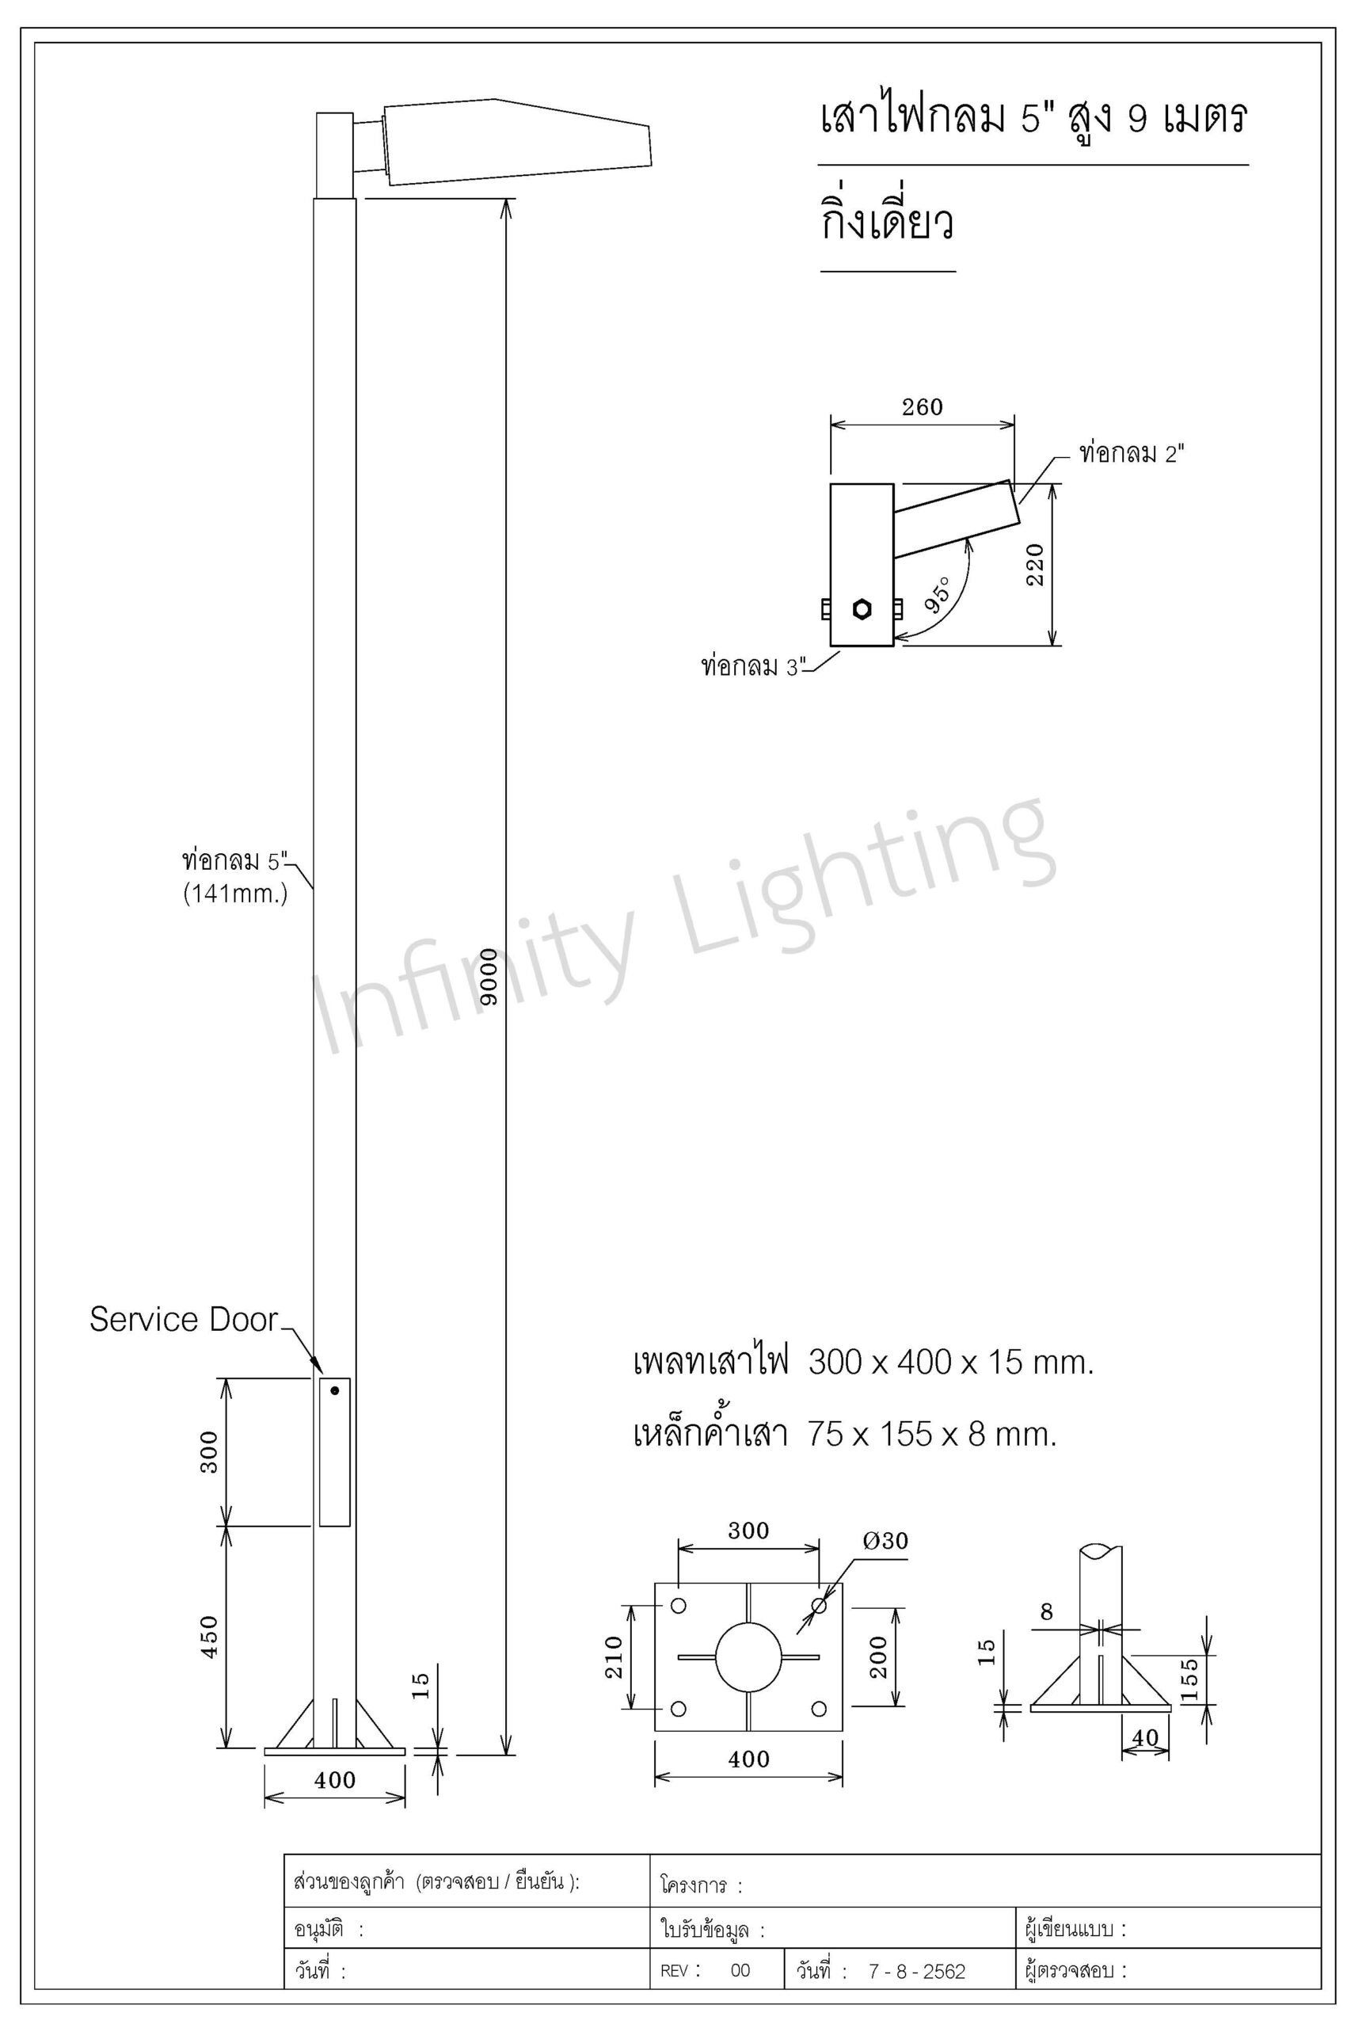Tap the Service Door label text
(184, 1320)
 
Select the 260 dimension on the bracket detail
(922, 407)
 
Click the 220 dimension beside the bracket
(1035, 565)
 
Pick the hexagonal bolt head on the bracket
(862, 609)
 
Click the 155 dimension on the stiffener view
(1190, 1679)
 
